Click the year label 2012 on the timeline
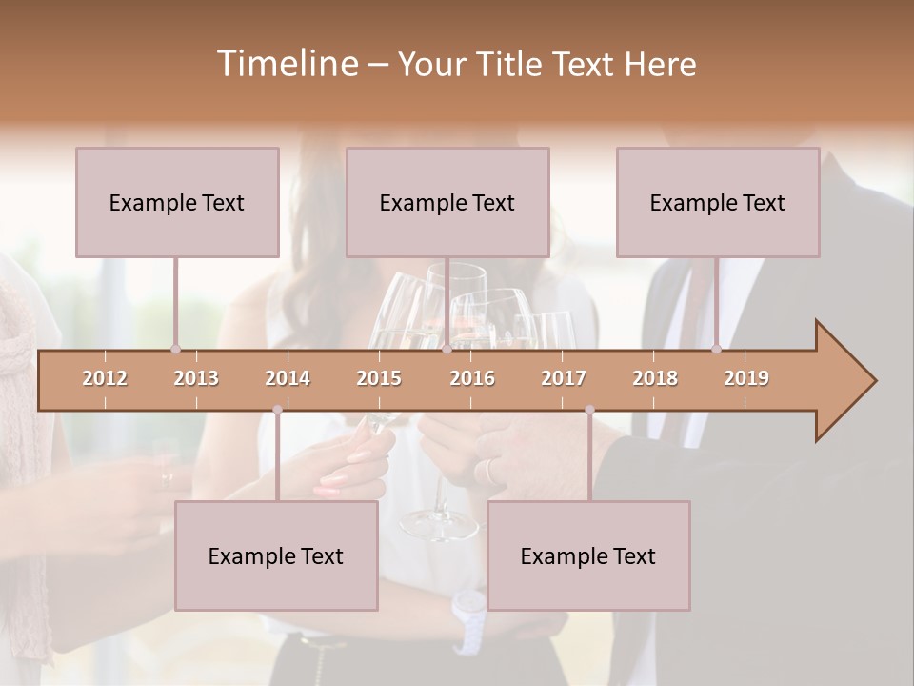pyautogui.click(x=105, y=378)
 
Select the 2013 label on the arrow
pyautogui.click(x=196, y=378)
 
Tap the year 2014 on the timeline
pyautogui.click(x=288, y=378)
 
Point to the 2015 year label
pyautogui.click(x=379, y=378)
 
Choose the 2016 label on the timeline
pyautogui.click(x=472, y=378)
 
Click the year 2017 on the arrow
pyautogui.click(x=564, y=378)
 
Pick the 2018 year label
pyautogui.click(x=655, y=378)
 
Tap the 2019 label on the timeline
pyautogui.click(x=746, y=378)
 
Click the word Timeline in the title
pyautogui.click(x=286, y=64)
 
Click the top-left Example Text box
pyautogui.click(x=177, y=202)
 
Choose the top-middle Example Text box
pyautogui.click(x=447, y=202)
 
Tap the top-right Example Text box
pyautogui.click(x=718, y=202)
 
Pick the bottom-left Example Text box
pyautogui.click(x=276, y=555)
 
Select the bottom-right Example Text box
pyautogui.click(x=588, y=555)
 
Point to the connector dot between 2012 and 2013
pyautogui.click(x=175, y=349)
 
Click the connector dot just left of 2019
pyautogui.click(x=716, y=349)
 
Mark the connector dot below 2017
pyautogui.click(x=589, y=410)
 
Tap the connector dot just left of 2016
pyautogui.click(x=447, y=349)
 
